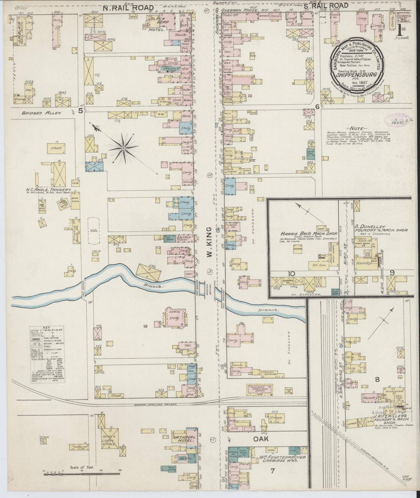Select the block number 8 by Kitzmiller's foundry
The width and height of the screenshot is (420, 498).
tap(377, 380)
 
